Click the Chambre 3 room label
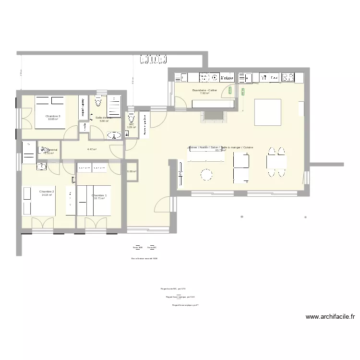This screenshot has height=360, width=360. pyautogui.click(x=53, y=116)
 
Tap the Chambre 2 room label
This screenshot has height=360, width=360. pyautogui.click(x=47, y=192)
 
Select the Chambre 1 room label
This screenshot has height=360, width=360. pyautogui.click(x=99, y=195)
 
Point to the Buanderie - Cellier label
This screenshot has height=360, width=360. pyautogui.click(x=204, y=90)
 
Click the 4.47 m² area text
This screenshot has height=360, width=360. pyautogui.click(x=92, y=149)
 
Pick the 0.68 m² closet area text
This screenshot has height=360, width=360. pyautogui.click(x=132, y=171)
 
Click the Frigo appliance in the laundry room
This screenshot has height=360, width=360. pyautogui.click(x=227, y=77)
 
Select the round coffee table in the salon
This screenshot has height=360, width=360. pyautogui.click(x=207, y=174)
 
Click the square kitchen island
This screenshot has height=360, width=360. pyautogui.click(x=267, y=111)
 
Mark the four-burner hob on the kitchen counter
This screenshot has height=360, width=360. pyautogui.click(x=288, y=77)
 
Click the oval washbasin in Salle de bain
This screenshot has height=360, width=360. pyautogui.click(x=114, y=136)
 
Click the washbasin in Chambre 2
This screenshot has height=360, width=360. pyautogui.click(x=41, y=167)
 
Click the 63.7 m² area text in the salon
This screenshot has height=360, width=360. pyautogui.click(x=220, y=150)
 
